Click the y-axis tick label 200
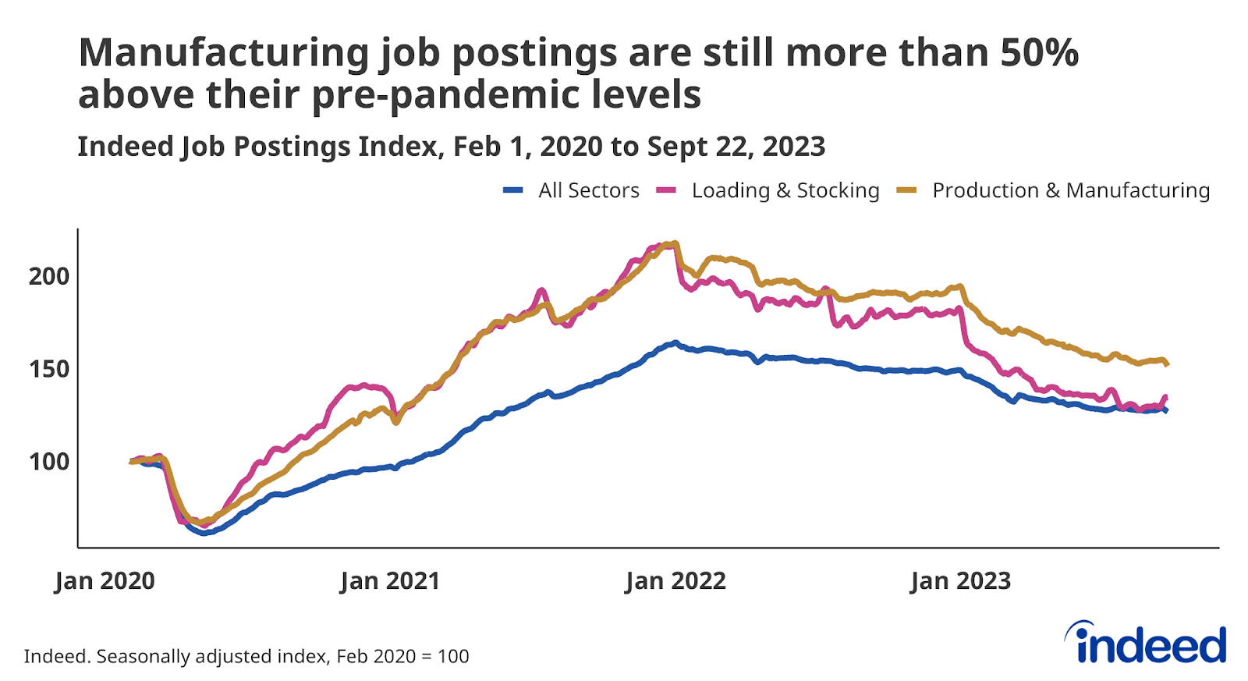pyautogui.click(x=49, y=276)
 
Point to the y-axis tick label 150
pyautogui.click(x=49, y=369)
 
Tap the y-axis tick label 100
pyautogui.click(x=49, y=462)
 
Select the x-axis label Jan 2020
pyautogui.click(x=105, y=581)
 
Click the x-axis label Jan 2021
pyautogui.click(x=390, y=581)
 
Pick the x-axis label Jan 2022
pyautogui.click(x=675, y=581)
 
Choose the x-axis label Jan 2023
pyautogui.click(x=960, y=581)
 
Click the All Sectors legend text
pyautogui.click(x=588, y=190)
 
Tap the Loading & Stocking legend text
pyautogui.click(x=785, y=190)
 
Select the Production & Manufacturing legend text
pyautogui.click(x=1070, y=190)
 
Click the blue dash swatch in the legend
pyautogui.click(x=512, y=190)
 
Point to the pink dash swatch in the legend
pyautogui.click(x=665, y=190)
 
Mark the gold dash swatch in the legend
pyautogui.click(x=906, y=190)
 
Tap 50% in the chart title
pyautogui.click(x=1039, y=53)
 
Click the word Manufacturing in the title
pyautogui.click(x=224, y=53)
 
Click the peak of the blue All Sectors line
pyautogui.click(x=675, y=342)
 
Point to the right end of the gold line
pyautogui.click(x=1166, y=364)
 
